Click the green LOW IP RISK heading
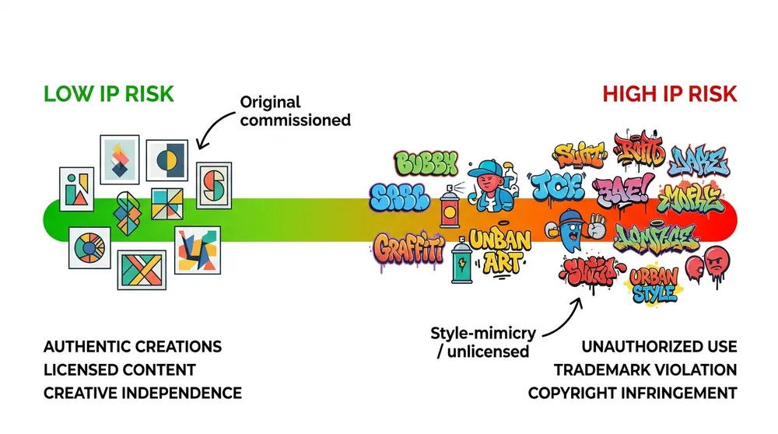tap(108, 95)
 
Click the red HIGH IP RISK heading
tap(669, 95)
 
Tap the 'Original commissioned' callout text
tap(295, 111)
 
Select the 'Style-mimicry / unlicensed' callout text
tap(482, 342)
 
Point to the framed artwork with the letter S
tap(213, 185)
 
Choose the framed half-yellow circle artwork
tap(166, 161)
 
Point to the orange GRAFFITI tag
tap(408, 248)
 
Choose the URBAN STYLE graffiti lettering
tap(654, 285)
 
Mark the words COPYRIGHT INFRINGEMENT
tap(632, 393)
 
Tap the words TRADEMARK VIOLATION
tap(645, 369)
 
